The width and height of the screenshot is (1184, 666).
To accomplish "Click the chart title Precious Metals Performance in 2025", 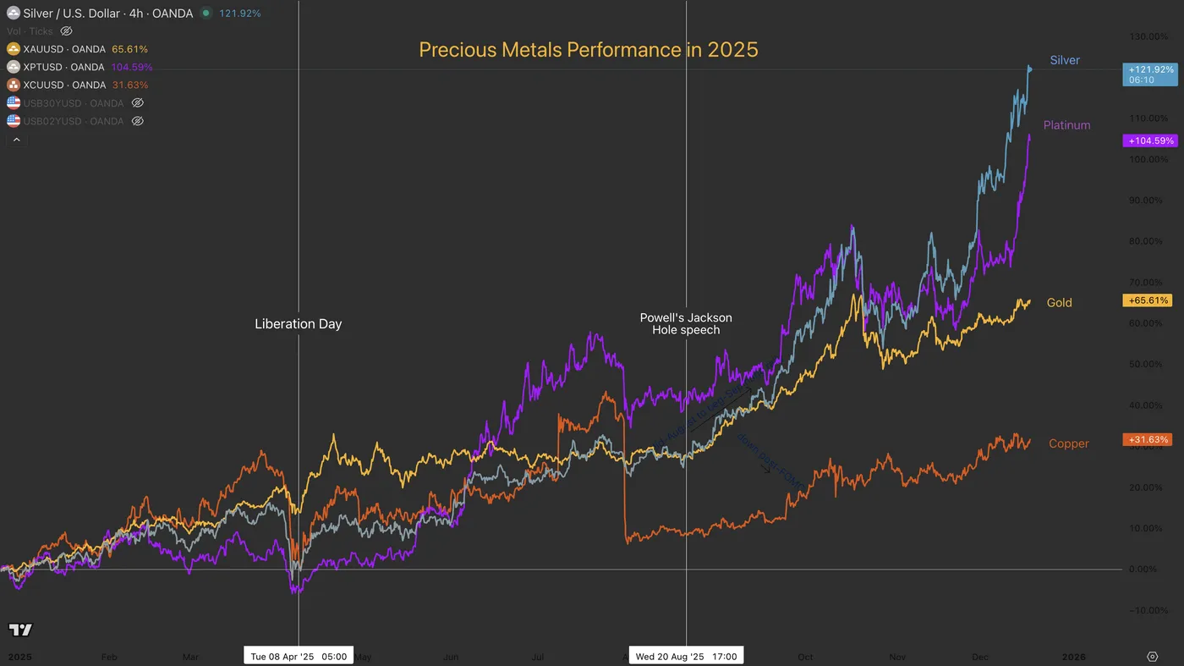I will click(588, 50).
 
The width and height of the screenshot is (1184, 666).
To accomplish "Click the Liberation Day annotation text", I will click(298, 324).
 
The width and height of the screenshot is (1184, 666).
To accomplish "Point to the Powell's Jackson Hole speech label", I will click(686, 323).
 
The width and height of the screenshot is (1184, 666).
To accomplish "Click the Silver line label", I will click(1065, 60).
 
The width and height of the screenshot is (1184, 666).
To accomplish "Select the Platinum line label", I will click(1066, 125).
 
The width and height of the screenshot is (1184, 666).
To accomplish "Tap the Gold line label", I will click(1059, 303).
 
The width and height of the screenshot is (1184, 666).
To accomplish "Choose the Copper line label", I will click(1068, 443).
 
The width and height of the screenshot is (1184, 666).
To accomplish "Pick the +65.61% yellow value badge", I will click(1147, 300).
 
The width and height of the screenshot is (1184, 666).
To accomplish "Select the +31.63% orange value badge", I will click(1147, 440).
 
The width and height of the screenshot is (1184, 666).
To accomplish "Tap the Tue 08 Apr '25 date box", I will click(299, 657).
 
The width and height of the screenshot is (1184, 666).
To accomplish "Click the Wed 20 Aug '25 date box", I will click(686, 657).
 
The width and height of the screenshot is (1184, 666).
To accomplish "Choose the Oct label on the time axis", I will click(805, 657).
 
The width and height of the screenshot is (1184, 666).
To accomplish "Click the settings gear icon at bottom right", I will click(1152, 657).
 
